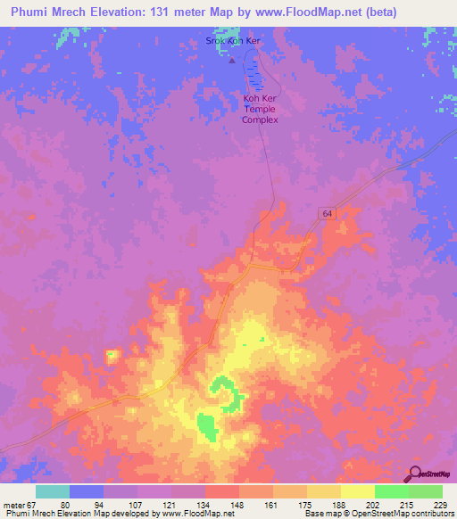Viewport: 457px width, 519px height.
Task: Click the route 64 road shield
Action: click(x=328, y=213)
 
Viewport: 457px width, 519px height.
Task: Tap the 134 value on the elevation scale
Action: click(x=204, y=506)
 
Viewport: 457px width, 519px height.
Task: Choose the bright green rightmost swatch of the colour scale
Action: click(x=426, y=491)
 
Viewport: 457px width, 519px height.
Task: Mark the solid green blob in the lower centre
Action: click(x=206, y=427)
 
